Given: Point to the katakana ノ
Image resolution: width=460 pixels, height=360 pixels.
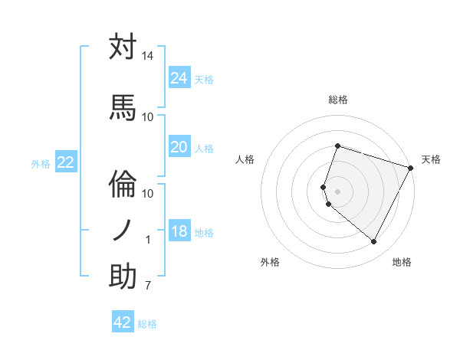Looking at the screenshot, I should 123,230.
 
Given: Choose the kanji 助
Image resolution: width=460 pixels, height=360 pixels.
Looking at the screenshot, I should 123,277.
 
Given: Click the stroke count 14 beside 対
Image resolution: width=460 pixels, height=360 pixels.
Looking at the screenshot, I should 147,56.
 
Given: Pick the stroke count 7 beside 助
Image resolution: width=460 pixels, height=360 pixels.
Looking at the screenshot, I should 147,286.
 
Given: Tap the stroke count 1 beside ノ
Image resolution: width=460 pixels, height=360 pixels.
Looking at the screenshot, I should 148,240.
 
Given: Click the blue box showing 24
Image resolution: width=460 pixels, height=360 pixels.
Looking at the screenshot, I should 179,77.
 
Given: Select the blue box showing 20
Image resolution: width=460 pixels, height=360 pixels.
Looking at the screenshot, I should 179,147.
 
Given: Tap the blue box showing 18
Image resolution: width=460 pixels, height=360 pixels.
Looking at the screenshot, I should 179,232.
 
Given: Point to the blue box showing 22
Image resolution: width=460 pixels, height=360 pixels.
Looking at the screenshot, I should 66,162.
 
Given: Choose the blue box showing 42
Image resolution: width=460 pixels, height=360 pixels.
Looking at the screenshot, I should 123,322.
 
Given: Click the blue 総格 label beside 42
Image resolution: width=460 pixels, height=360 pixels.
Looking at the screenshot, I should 147,324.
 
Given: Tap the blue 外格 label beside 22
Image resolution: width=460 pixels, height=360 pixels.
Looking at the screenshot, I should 41,163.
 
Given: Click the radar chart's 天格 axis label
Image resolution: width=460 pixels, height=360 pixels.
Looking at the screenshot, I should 431,159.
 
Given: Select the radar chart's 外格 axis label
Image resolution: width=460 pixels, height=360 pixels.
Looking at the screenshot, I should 270,263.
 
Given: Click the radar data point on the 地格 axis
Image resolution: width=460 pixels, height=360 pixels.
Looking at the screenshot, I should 374,242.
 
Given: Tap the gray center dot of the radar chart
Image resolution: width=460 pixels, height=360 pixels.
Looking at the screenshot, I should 337,191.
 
